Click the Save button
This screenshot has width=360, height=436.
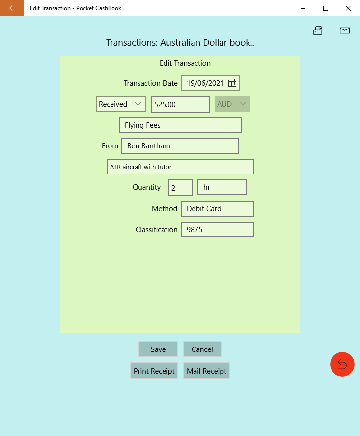pyautogui.click(x=158, y=349)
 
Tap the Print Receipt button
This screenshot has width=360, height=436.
pyautogui.click(x=154, y=371)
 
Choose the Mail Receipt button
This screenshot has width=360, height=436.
pyautogui.click(x=207, y=371)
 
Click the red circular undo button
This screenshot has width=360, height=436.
pyautogui.click(x=342, y=364)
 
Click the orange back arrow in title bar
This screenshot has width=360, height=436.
pyautogui.click(x=12, y=8)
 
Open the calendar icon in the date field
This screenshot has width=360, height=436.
pyautogui.click(x=232, y=83)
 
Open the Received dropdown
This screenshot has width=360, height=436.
pyautogui.click(x=121, y=104)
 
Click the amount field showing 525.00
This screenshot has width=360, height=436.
pyautogui.click(x=180, y=104)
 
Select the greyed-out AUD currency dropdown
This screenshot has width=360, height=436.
pyautogui.click(x=232, y=104)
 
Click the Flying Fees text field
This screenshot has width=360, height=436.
pyautogui.click(x=180, y=125)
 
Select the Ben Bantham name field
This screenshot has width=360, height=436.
pyautogui.click(x=180, y=146)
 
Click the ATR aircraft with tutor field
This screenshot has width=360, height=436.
pyautogui.click(x=180, y=167)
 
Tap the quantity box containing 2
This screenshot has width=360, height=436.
pyautogui.click(x=180, y=188)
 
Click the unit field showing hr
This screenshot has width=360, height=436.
pyautogui.click(x=222, y=187)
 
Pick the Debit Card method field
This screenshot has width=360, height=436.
pyautogui.click(x=218, y=209)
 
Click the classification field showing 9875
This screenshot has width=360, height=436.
pyautogui.click(x=218, y=230)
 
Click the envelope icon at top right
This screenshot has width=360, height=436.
pyautogui.click(x=345, y=30)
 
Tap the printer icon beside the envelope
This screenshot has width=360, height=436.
pyautogui.click(x=318, y=30)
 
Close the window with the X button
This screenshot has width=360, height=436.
pyautogui.click(x=348, y=8)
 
